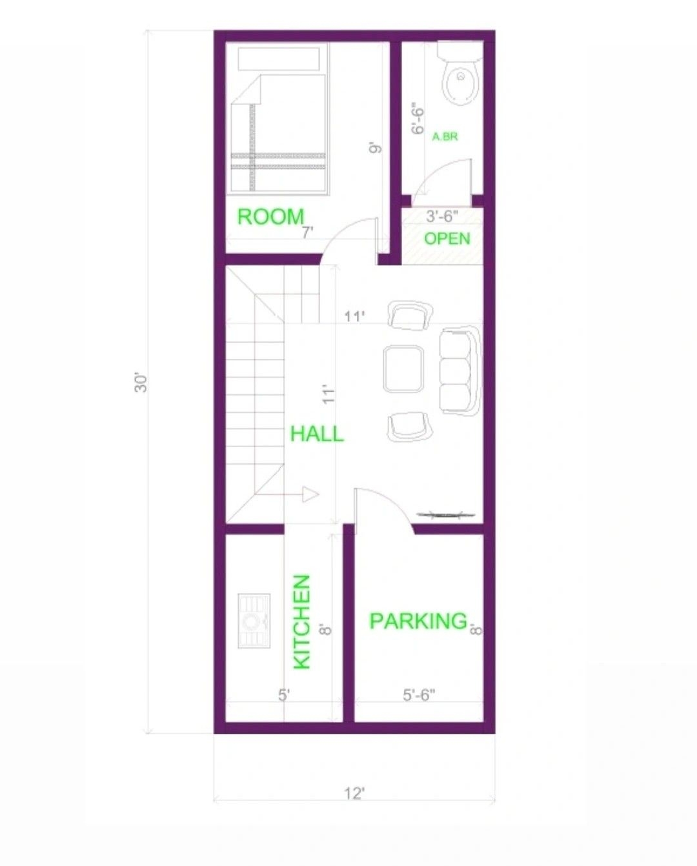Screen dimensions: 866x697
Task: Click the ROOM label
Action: [x=270, y=217]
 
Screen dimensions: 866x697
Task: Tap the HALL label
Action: [x=317, y=433]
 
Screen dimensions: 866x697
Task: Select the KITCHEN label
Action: [x=301, y=622]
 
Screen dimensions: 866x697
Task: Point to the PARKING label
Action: [x=418, y=621]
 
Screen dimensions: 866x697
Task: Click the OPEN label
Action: [x=447, y=238]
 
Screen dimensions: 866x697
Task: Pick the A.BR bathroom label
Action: [x=445, y=137]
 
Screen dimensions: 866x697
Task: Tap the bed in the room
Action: [x=279, y=134]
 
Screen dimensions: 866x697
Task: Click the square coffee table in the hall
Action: [x=403, y=368]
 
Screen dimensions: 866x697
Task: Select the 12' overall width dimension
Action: [x=354, y=793]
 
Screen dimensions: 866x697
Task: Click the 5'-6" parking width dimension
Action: [x=419, y=695]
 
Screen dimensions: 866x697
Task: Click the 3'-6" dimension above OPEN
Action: [x=441, y=216]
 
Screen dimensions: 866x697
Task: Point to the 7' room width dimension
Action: [x=308, y=233]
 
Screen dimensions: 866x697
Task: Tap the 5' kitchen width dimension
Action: [x=284, y=695]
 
